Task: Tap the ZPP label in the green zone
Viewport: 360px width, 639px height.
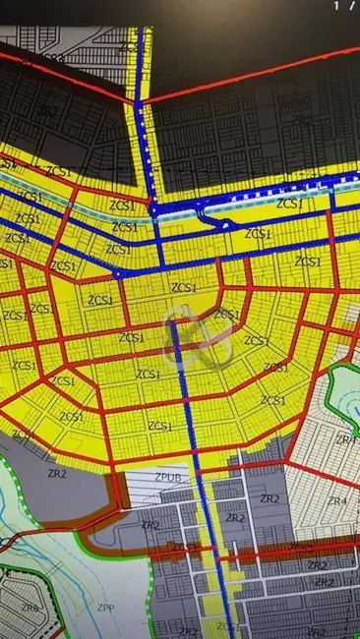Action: point(104,608)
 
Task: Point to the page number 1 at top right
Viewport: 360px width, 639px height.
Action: point(337,5)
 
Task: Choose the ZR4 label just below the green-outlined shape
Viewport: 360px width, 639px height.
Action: point(346,439)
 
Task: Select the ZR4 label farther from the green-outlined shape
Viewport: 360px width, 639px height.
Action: point(337,501)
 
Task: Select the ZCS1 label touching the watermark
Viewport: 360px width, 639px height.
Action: point(225,315)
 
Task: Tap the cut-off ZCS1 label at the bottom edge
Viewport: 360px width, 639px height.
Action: point(226,626)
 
